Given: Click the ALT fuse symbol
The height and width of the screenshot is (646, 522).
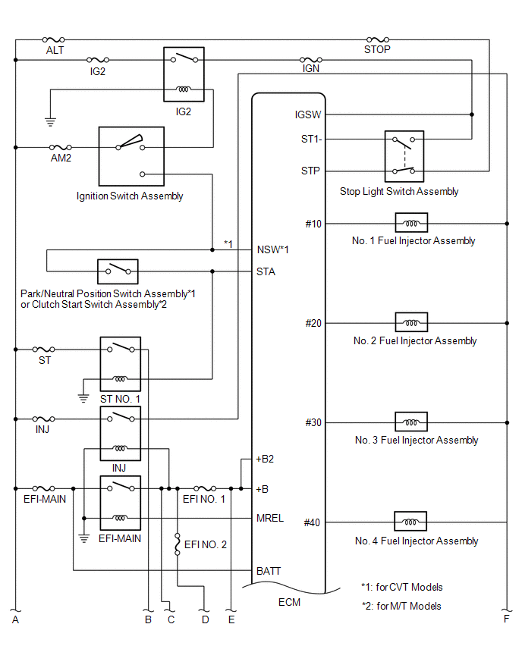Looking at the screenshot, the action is click(54, 39).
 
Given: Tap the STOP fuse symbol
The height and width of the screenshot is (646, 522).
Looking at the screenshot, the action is click(378, 39).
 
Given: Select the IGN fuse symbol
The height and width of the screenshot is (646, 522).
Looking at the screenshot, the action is click(311, 60).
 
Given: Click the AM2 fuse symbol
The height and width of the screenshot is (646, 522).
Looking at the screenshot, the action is click(60, 147).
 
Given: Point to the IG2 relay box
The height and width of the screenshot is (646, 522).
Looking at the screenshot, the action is click(184, 74).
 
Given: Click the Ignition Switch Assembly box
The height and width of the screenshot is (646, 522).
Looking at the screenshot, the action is click(131, 156).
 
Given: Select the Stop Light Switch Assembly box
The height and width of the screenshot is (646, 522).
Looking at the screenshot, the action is click(404, 156).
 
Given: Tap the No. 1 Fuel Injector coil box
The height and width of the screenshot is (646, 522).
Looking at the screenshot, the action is click(411, 223).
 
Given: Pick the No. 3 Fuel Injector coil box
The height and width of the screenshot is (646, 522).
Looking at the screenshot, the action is click(411, 422).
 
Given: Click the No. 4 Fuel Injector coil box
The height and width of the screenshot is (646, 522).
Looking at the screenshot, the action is click(410, 522).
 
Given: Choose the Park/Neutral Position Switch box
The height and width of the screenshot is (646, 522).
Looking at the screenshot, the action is click(118, 271).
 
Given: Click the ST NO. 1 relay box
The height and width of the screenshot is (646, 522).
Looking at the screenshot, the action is click(121, 364).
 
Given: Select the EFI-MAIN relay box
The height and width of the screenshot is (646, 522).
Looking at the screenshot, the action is click(121, 503).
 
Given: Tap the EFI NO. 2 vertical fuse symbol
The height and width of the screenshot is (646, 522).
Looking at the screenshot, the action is click(178, 544).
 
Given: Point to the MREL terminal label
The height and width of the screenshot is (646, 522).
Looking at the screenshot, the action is click(270, 518).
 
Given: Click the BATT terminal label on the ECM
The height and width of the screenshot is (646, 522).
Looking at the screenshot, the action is click(269, 571).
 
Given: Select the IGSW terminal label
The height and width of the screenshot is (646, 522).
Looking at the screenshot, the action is click(307, 114).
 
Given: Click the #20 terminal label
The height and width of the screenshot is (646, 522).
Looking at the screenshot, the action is click(313, 324).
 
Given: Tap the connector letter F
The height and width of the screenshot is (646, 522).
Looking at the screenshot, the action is click(506, 619).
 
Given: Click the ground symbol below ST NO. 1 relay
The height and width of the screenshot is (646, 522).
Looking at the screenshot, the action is click(83, 398).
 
